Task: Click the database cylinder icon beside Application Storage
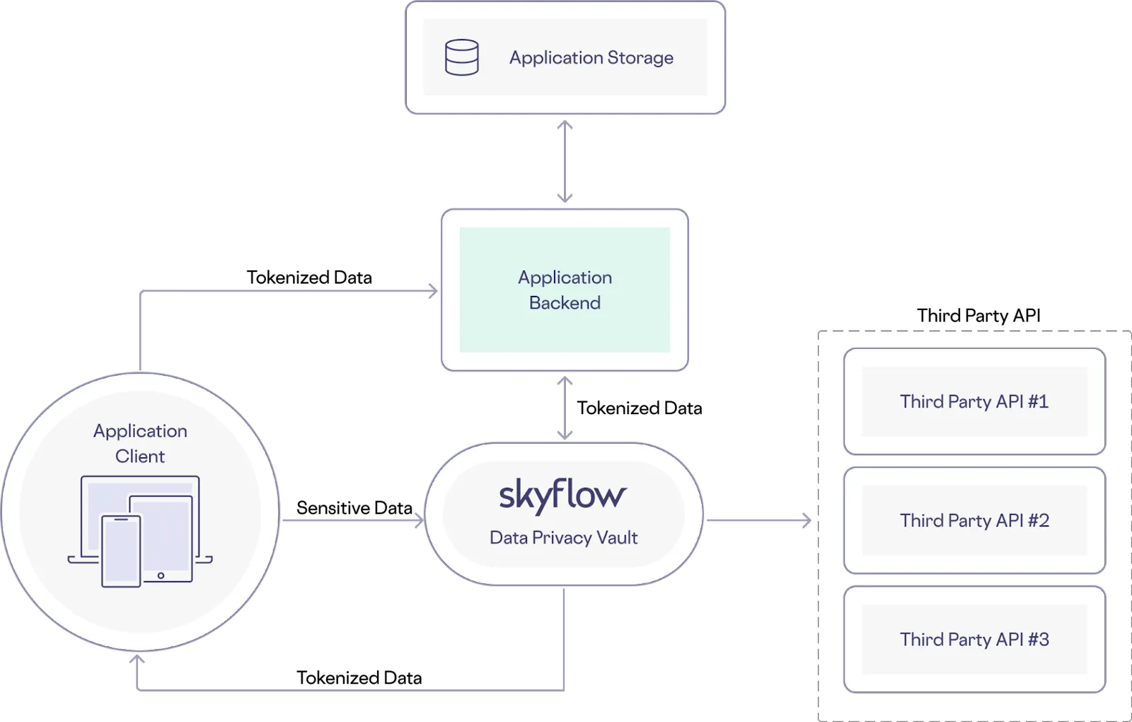[461, 57]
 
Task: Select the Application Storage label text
[591, 57]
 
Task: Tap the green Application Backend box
[565, 290]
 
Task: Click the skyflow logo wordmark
[562, 495]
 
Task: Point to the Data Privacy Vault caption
[563, 538]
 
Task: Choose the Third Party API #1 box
[974, 401]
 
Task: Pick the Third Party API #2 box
[974, 520]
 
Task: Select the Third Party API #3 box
[974, 639]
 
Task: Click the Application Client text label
[140, 443]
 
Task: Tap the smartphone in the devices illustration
[121, 551]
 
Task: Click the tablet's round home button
[161, 575]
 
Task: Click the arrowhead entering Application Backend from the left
[431, 291]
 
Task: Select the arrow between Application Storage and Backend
[565, 161]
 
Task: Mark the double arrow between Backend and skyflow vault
[565, 408]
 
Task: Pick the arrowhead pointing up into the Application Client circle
[137, 660]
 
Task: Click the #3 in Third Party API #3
[1038, 639]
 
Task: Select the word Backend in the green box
[565, 303]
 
